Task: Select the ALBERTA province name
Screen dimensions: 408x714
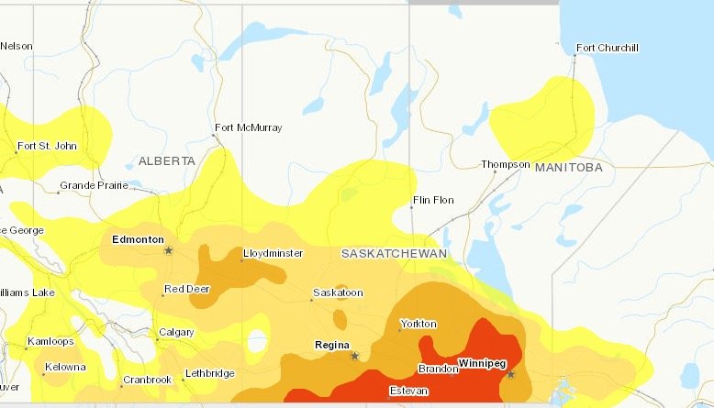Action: point(167,160)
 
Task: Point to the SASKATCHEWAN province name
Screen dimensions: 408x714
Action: point(393,253)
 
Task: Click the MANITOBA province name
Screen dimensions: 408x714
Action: point(568,168)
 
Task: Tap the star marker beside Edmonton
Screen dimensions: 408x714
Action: point(168,250)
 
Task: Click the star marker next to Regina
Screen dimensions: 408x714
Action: point(354,356)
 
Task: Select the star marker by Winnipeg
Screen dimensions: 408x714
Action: point(511,374)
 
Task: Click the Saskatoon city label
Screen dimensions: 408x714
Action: point(339,293)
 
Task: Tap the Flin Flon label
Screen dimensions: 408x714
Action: point(435,199)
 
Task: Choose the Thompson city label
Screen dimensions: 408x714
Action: point(506,165)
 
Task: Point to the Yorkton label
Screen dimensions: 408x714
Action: point(418,324)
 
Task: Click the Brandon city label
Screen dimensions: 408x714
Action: point(439,368)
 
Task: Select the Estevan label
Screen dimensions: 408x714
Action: point(408,391)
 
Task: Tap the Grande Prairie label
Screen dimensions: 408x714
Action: point(91,186)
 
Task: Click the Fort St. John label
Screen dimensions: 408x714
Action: point(47,146)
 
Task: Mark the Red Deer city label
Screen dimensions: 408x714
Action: point(184,290)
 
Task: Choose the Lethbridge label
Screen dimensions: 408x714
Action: point(209,373)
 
